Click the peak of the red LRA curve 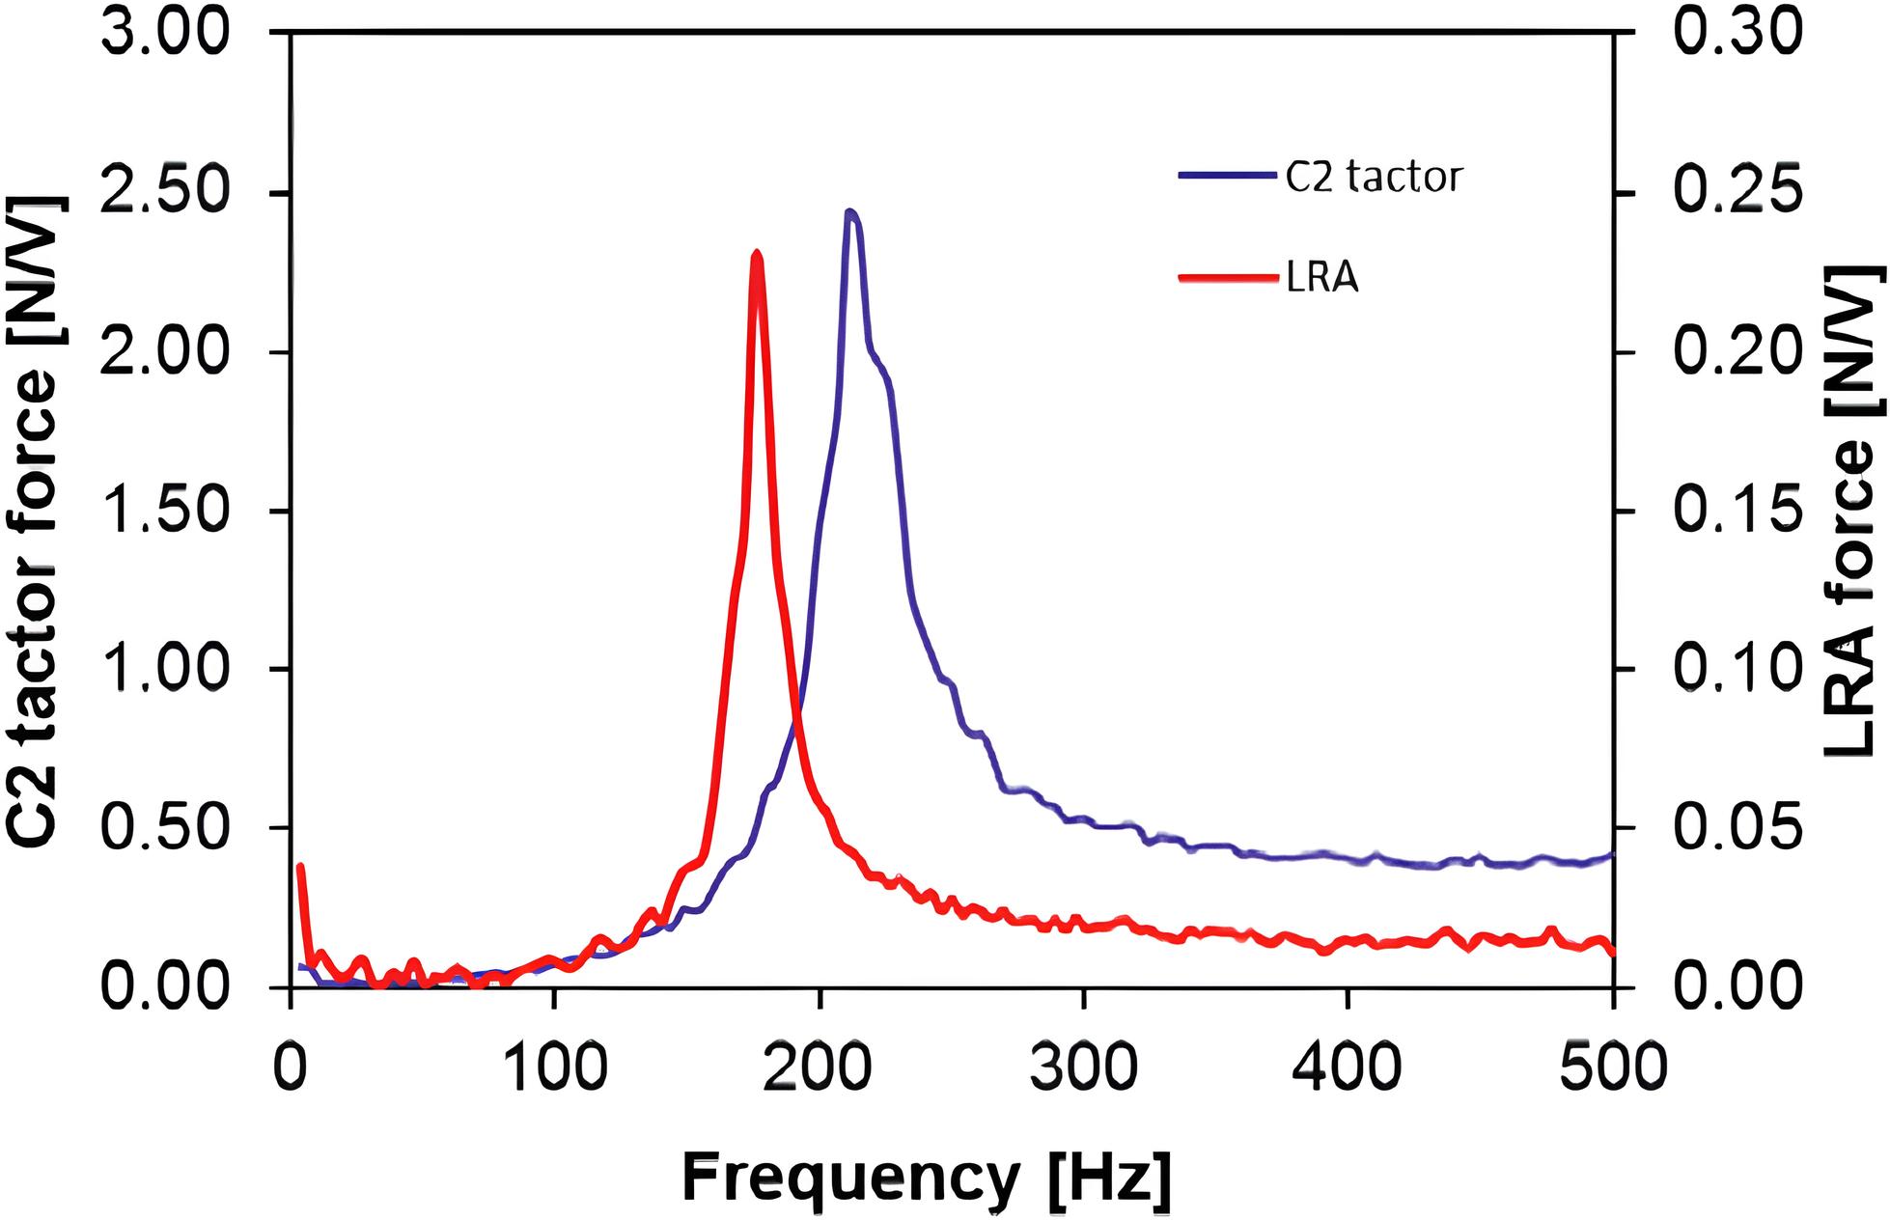756,255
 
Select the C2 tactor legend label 1375,178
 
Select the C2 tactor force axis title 39,521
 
